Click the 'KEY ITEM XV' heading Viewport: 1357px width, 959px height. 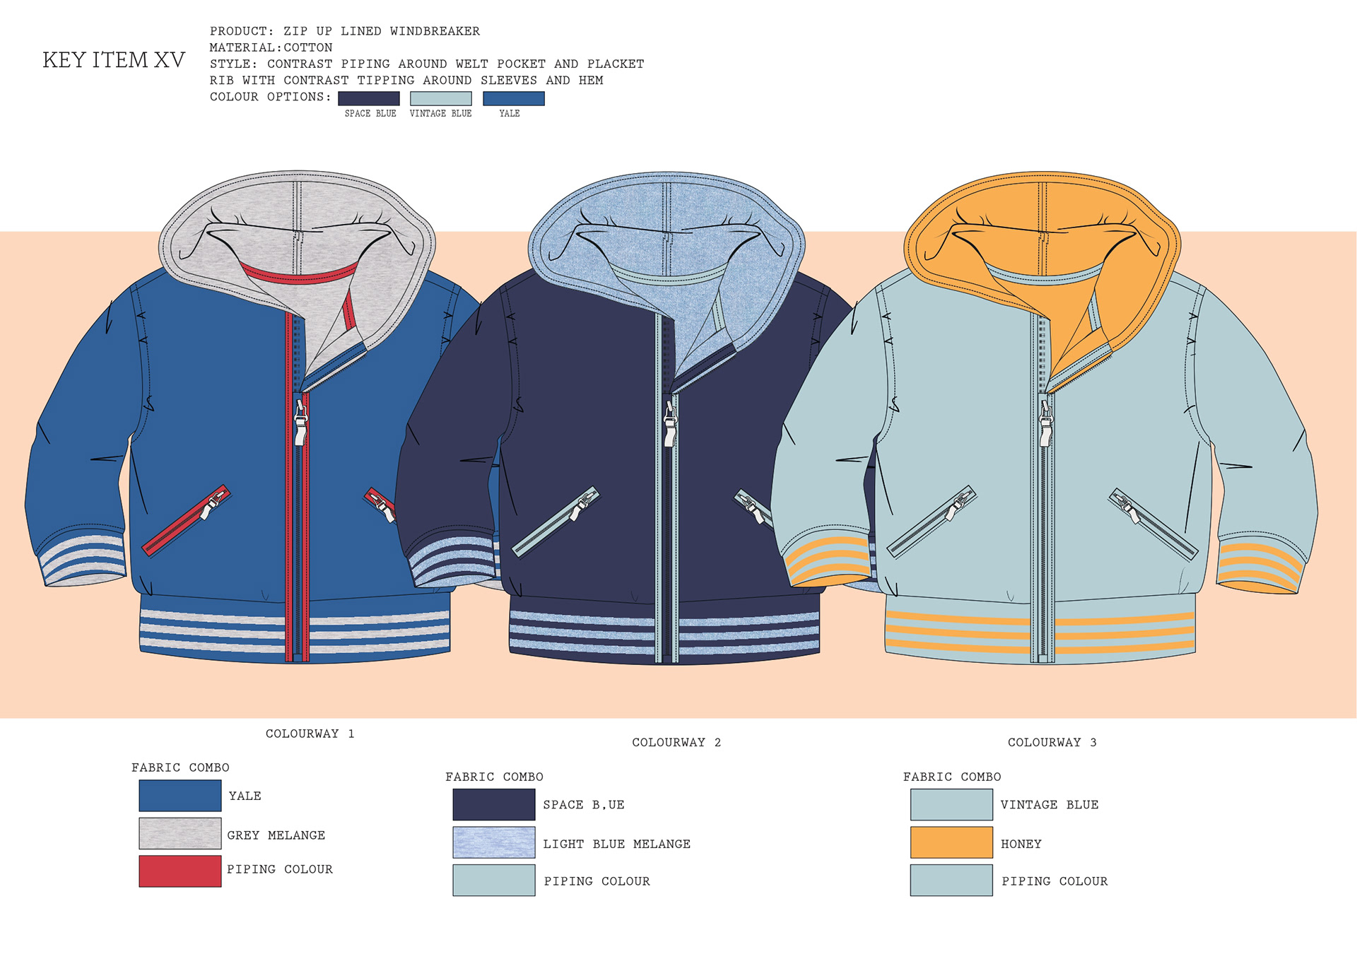pos(114,60)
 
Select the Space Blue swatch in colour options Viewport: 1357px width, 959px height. pos(368,98)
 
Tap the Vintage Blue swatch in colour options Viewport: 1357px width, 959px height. pos(440,98)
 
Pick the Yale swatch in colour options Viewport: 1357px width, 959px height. pos(513,98)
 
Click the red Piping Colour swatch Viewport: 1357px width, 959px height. pos(180,871)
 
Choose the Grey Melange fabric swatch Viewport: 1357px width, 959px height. pos(180,833)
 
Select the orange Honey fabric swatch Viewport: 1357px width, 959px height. pos(951,842)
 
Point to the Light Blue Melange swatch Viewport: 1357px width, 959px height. pos(493,842)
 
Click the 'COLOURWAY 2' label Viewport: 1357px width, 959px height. pos(676,742)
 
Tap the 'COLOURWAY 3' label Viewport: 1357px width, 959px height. pos(1052,742)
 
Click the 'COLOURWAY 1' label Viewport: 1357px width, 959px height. pos(310,734)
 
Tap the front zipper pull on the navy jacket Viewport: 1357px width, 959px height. pos(670,423)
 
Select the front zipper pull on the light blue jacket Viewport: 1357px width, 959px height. pos(1045,423)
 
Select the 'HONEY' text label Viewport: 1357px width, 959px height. pos(1021,844)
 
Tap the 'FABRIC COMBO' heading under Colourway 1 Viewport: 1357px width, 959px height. pos(180,767)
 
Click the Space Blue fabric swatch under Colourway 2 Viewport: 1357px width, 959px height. pos(493,804)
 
